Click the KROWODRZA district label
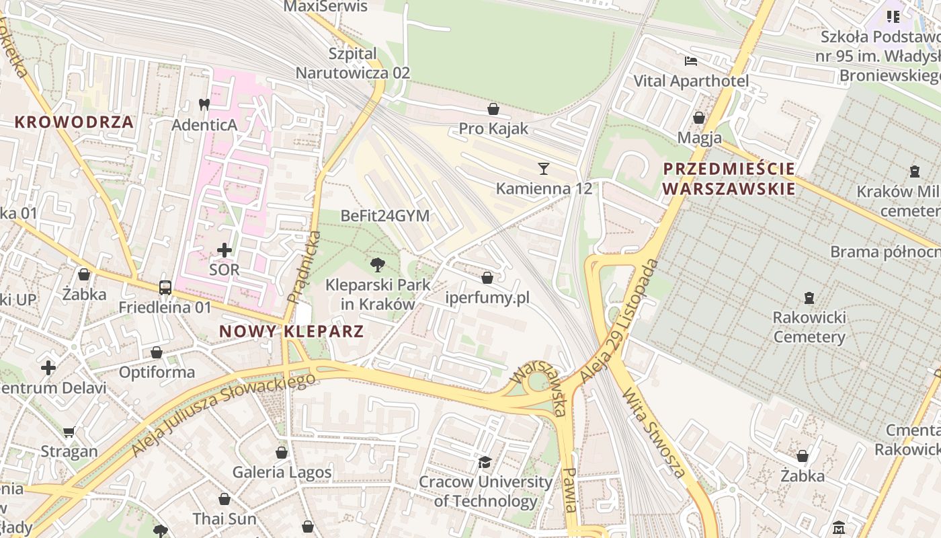pyautogui.click(x=74, y=122)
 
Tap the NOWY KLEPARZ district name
pyautogui.click(x=292, y=331)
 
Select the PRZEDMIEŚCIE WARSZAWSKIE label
pyautogui.click(x=729, y=178)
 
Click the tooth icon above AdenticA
pyautogui.click(x=204, y=105)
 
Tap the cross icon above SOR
pyautogui.click(x=224, y=250)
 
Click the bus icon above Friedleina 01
pyautogui.click(x=165, y=288)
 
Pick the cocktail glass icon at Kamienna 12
pyautogui.click(x=544, y=168)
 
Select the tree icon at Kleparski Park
pyautogui.click(x=377, y=264)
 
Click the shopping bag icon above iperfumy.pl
pyautogui.click(x=487, y=277)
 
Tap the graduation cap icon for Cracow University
pyautogui.click(x=485, y=462)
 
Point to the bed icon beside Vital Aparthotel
pyautogui.click(x=691, y=61)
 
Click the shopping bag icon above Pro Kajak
pyautogui.click(x=493, y=108)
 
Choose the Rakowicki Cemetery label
pyautogui.click(x=809, y=327)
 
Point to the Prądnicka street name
pyautogui.click(x=304, y=267)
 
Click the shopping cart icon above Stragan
pyautogui.click(x=69, y=432)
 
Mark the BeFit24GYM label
pyautogui.click(x=385, y=216)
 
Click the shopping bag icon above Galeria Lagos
pyautogui.click(x=282, y=452)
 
